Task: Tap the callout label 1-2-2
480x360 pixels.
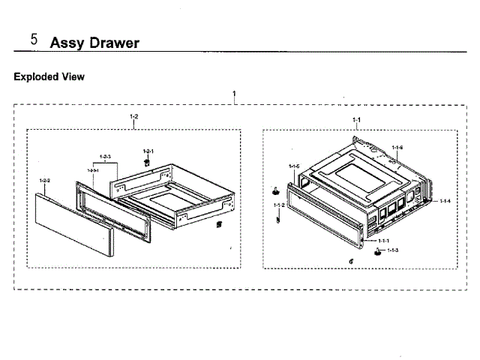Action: (44, 181)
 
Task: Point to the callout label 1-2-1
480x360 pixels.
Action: (148, 151)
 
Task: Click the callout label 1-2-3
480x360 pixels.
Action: (105, 157)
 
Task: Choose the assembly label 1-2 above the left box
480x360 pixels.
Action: (134, 117)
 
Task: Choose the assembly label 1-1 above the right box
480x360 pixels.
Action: (357, 120)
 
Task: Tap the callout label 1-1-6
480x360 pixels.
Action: (397, 147)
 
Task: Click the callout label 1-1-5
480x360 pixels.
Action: (294, 166)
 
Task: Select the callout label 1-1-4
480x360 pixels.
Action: (445, 201)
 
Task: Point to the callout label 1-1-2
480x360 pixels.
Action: (278, 205)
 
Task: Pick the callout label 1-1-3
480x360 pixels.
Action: (392, 249)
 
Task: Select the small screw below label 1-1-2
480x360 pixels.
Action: (279, 219)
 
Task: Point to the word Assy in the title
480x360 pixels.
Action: (65, 43)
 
